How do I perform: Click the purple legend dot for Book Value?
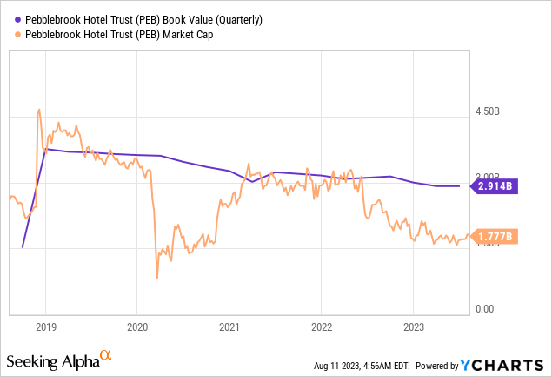[19, 18]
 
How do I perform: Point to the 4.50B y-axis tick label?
[493, 111]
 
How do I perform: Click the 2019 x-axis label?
[44, 327]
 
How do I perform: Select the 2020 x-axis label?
[136, 327]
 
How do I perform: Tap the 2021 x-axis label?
[229, 327]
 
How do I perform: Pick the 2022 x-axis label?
[321, 327]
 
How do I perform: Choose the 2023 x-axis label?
[413, 327]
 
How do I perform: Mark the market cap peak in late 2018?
[39, 110]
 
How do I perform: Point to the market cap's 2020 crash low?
[156, 279]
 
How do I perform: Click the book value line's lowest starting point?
[22, 247]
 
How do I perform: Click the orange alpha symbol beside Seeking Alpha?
[105, 355]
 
